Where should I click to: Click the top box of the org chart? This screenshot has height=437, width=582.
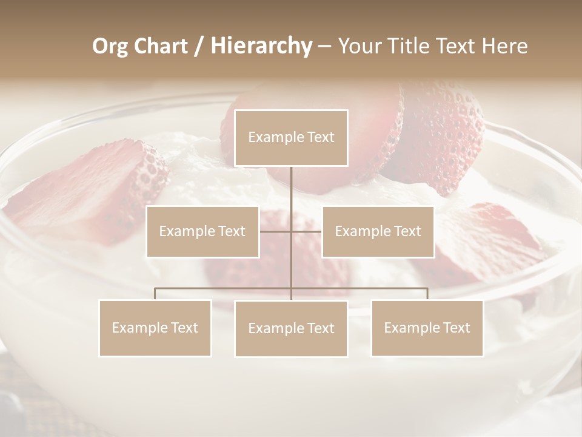pyautogui.click(x=291, y=138)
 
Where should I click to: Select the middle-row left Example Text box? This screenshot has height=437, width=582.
pyautogui.click(x=202, y=231)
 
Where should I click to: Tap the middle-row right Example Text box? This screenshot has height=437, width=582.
pyautogui.click(x=378, y=231)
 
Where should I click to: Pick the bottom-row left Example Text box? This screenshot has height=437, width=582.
pyautogui.click(x=155, y=328)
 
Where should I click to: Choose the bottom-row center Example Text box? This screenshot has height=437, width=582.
pyautogui.click(x=291, y=328)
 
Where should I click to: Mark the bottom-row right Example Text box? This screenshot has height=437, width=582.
pyautogui.click(x=427, y=328)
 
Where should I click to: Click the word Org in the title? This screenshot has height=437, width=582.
pyautogui.click(x=110, y=46)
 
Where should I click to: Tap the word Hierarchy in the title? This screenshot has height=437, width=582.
pyautogui.click(x=261, y=46)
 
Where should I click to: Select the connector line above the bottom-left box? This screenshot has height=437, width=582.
pyautogui.click(x=155, y=293)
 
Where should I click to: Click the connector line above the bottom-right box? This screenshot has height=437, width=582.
pyautogui.click(x=427, y=293)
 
